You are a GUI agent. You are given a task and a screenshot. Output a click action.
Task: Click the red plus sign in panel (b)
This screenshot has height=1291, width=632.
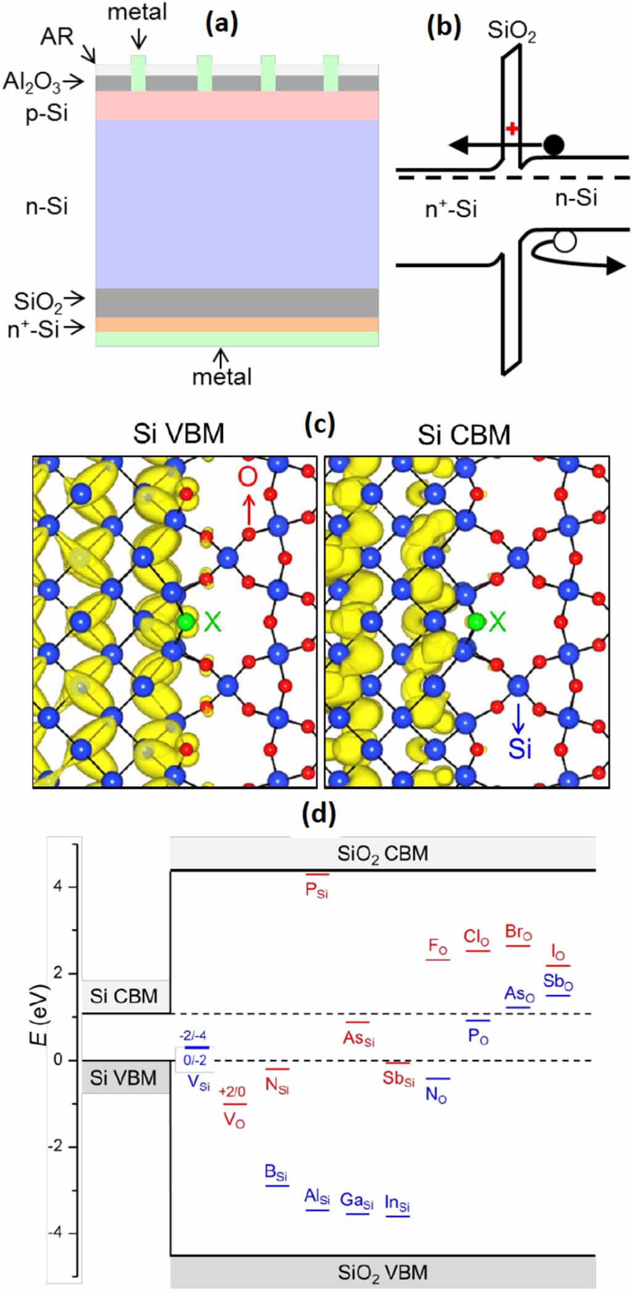pos(511,128)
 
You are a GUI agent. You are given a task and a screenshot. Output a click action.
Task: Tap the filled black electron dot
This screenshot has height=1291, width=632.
pos(554,145)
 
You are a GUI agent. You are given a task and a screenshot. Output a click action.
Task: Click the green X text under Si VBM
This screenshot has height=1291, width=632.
pos(212,622)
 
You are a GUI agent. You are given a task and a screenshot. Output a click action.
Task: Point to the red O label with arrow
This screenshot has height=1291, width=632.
pos(248,477)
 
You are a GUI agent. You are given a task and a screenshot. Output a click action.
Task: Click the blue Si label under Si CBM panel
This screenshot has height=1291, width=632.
pos(520,749)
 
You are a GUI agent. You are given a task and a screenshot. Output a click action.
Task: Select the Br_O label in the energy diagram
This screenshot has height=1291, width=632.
pos(518,931)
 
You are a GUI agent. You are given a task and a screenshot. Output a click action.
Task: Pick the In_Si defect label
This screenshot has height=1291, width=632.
pos(397,1202)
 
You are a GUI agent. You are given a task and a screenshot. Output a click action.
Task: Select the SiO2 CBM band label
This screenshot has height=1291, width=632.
pos(382,854)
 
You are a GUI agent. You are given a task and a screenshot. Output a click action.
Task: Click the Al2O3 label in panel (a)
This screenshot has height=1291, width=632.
pos(32,81)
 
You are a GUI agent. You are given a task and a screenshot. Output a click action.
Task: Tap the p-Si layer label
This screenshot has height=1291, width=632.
pos(47,113)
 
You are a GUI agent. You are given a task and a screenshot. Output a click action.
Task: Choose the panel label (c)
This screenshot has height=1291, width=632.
pos(320,424)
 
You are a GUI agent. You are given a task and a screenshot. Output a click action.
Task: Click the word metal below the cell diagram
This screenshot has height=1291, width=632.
pos(222,376)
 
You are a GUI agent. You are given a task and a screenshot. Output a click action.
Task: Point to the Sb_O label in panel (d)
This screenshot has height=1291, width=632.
pos(558,981)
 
